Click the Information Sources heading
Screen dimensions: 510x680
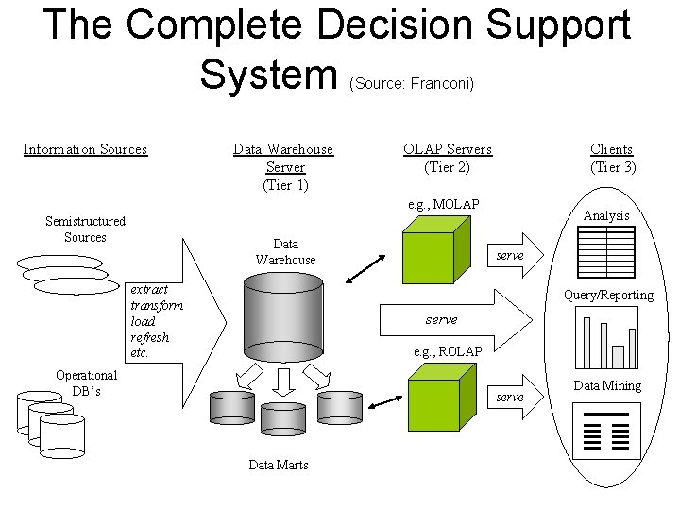pyautogui.click(x=85, y=149)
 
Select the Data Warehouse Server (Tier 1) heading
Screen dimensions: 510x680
pyautogui.click(x=284, y=167)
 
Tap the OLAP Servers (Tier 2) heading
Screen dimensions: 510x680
pyautogui.click(x=448, y=158)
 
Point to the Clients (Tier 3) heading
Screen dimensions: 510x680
pyautogui.click(x=612, y=158)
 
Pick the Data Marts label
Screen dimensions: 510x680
pyautogui.click(x=279, y=465)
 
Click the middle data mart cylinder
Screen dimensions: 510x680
pyautogui.click(x=282, y=416)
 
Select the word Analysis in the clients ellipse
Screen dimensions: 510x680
pyautogui.click(x=606, y=216)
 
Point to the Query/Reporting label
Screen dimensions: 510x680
pyautogui.click(x=608, y=295)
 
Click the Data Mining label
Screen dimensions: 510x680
pyautogui.click(x=607, y=385)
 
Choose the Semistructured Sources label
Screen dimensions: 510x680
pyautogui.click(x=85, y=229)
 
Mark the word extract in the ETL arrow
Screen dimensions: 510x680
pyautogui.click(x=149, y=289)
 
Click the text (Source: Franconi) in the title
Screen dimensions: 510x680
pyautogui.click(x=411, y=83)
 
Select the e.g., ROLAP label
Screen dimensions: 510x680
pyautogui.click(x=448, y=351)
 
